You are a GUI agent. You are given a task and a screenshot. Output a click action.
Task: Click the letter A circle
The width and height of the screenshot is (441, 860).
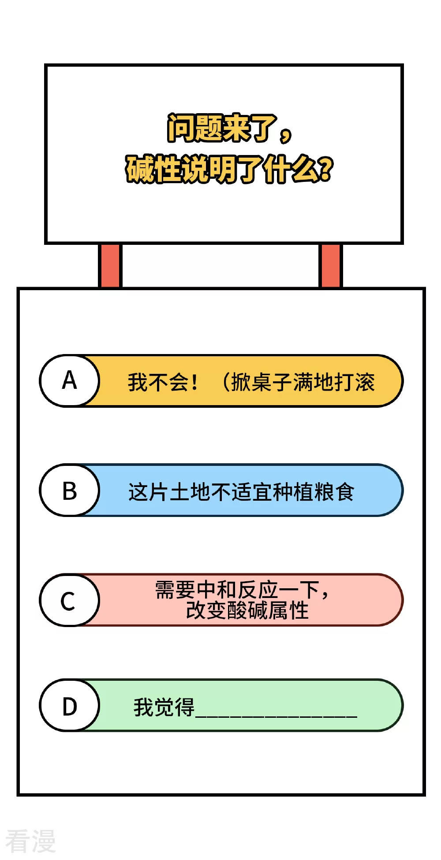click(70, 380)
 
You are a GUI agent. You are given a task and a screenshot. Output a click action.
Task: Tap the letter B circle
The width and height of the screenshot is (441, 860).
click(70, 490)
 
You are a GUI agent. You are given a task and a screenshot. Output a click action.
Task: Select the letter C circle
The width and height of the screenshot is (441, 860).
click(70, 600)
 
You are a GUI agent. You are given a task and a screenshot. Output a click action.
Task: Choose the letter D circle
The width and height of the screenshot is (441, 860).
click(70, 705)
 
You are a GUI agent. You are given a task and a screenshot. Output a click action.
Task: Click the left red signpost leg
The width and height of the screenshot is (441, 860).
click(110, 266)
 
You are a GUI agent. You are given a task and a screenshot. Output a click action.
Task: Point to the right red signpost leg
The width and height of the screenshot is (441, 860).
click(330, 266)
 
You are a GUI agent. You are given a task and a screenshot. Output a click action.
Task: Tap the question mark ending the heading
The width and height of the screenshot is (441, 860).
click(325, 170)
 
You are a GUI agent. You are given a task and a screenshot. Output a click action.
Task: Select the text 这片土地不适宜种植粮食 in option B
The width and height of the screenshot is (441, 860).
click(241, 492)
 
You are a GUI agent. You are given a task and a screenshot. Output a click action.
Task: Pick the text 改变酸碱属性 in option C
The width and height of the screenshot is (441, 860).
click(247, 610)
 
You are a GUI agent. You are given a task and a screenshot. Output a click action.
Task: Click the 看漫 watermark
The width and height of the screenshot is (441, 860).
click(30, 841)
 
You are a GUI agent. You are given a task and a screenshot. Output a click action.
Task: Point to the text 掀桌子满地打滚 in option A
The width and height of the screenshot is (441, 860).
click(303, 382)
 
